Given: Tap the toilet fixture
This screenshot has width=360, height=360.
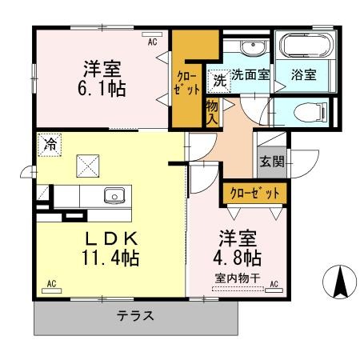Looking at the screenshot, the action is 310,112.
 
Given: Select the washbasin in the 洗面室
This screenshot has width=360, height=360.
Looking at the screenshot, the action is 252,47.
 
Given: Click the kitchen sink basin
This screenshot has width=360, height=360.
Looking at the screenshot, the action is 114,195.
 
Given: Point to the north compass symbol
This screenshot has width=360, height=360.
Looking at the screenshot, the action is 339,282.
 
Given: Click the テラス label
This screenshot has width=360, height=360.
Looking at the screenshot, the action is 135,316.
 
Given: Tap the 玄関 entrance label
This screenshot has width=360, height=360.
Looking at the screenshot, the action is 272,162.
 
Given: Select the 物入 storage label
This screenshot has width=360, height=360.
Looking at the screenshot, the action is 212,113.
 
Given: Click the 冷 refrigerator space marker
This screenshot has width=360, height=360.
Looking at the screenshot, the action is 50,145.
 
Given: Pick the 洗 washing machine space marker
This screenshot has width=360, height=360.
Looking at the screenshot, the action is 219,81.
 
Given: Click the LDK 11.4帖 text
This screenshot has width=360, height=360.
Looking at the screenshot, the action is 111,249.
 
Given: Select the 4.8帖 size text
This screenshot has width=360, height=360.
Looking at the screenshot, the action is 237,258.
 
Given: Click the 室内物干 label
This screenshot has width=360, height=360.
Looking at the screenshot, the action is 238,278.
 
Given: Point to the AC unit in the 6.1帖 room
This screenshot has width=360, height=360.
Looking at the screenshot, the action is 152,34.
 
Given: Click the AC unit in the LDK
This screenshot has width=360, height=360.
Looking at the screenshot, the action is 52,290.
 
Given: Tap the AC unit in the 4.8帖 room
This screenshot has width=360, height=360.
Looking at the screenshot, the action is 274,290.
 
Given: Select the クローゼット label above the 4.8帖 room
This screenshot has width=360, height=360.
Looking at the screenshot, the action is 254,193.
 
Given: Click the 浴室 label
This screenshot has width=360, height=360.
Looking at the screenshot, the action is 304,74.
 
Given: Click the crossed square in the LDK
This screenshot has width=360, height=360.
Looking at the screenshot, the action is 88,166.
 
